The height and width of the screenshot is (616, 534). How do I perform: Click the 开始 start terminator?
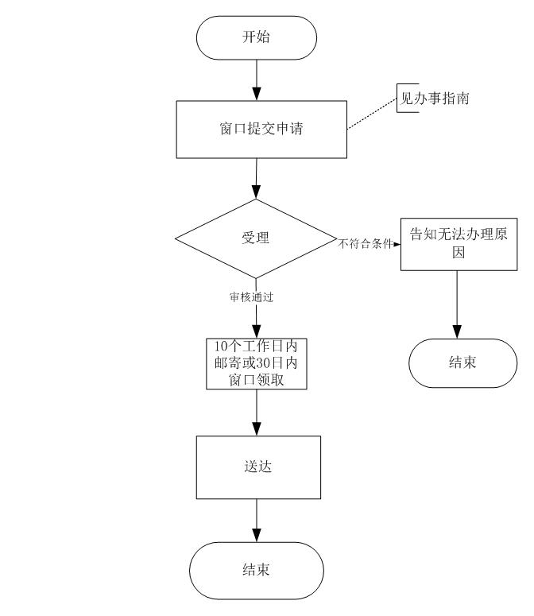click(x=257, y=37)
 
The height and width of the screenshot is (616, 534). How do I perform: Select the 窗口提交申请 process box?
click(x=261, y=130)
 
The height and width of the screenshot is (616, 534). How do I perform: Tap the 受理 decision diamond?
click(x=256, y=238)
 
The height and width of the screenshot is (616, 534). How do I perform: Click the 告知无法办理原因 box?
click(x=459, y=244)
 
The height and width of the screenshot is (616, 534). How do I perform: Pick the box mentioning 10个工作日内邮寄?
click(x=257, y=363)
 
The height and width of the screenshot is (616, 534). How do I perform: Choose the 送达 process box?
click(x=258, y=467)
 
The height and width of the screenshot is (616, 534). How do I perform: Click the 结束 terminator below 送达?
click(x=257, y=571)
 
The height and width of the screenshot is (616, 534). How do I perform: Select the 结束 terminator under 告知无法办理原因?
click(x=463, y=363)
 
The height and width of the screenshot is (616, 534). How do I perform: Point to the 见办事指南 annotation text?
click(x=434, y=99)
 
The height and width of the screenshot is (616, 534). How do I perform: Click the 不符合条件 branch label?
click(x=366, y=244)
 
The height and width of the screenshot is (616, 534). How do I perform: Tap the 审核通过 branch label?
click(x=251, y=297)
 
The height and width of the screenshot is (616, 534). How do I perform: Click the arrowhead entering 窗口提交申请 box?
click(x=257, y=94)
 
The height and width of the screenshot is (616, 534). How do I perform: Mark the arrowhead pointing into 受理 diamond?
click(x=256, y=192)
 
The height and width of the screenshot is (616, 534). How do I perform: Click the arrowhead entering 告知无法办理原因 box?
click(x=397, y=244)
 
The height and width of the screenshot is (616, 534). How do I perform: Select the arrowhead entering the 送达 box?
click(x=257, y=429)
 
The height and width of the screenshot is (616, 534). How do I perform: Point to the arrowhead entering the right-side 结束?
click(x=457, y=332)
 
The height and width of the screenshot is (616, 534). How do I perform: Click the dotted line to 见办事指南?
click(x=372, y=114)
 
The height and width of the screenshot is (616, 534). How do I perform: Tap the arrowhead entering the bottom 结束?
click(x=257, y=536)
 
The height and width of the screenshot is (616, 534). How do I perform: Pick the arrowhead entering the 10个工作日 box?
click(x=256, y=331)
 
